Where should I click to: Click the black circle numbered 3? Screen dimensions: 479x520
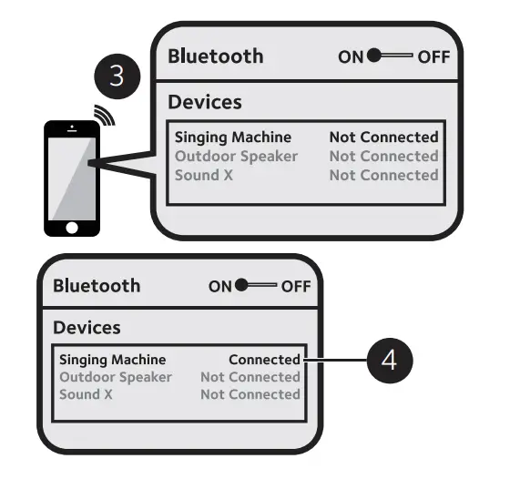tap(117, 76)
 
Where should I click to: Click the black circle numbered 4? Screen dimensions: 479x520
tap(389, 361)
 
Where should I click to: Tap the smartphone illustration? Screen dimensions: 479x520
tap(72, 177)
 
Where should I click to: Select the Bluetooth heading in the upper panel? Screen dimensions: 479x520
tap(215, 56)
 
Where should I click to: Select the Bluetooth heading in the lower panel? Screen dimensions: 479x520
tap(97, 285)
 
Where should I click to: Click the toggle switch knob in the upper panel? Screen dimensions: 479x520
tap(374, 56)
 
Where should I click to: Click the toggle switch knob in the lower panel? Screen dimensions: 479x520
tap(242, 286)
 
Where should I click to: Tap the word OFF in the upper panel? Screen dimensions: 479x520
tap(433, 56)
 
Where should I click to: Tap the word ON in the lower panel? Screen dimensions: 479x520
tap(220, 286)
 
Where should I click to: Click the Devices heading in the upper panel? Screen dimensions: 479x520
tap(204, 102)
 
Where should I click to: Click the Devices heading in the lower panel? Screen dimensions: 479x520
tap(87, 327)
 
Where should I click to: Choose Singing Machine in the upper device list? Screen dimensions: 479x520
tap(233, 138)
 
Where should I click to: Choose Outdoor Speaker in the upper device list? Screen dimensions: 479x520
tap(236, 156)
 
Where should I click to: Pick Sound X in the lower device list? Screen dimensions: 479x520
tap(86, 394)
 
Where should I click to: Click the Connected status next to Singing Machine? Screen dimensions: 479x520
tap(264, 360)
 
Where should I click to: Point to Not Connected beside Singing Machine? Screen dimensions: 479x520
tap(383, 138)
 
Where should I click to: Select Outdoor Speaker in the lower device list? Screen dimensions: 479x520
tap(116, 377)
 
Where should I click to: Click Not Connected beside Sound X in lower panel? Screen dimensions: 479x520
tap(250, 394)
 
